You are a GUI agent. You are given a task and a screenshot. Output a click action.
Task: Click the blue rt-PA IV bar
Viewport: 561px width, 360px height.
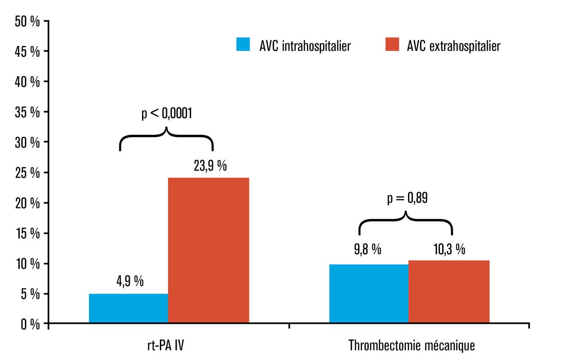pos(128,309)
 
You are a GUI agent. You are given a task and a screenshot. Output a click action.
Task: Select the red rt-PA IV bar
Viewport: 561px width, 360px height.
pos(209,251)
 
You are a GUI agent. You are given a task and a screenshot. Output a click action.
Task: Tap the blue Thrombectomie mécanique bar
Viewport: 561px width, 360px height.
pos(369,294)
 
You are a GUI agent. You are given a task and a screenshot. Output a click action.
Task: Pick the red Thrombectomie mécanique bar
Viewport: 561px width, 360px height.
pos(449,292)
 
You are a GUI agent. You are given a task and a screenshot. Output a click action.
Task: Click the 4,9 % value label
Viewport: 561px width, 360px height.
pos(130,282)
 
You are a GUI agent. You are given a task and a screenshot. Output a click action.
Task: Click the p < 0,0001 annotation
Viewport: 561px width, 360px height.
pos(167,113)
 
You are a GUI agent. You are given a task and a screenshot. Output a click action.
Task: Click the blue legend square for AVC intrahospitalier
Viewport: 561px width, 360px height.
pos(243,45)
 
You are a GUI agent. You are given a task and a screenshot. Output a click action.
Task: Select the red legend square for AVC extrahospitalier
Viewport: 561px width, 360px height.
pos(392,45)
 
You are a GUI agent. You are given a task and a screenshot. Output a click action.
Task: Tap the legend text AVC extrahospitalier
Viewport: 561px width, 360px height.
pos(454,46)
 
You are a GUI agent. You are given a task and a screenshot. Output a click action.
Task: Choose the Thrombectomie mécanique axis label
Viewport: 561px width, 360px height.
pos(412,346)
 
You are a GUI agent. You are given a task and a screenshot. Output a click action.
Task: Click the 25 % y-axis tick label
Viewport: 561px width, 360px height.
pos(27,173)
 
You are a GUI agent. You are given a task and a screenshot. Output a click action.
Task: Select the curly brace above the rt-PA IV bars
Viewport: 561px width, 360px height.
pos(166,138)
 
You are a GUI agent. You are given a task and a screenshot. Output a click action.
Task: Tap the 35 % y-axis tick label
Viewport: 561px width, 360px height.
pos(27,112)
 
